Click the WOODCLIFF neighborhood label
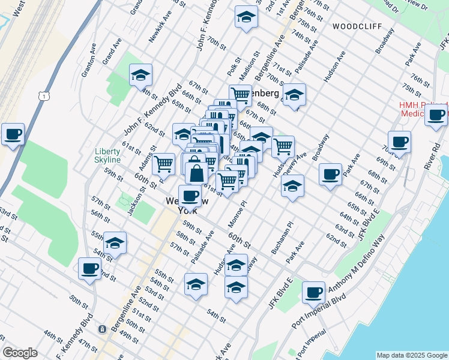354,27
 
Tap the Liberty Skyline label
107,155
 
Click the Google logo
20,353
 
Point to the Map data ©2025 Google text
411,355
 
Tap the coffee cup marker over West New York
190,194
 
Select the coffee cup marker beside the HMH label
436,114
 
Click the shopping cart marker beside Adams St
163,163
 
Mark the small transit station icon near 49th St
103,329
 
